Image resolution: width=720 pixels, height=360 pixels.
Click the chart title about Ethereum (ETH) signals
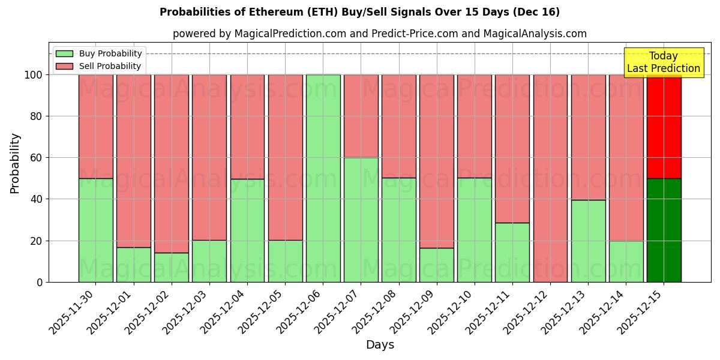point(359,12)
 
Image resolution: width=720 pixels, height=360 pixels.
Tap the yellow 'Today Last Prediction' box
point(663,62)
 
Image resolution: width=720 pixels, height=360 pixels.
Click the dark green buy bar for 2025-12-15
point(664,230)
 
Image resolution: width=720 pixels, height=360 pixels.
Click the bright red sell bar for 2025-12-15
point(664,126)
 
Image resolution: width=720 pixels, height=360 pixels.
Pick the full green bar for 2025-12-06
point(323,178)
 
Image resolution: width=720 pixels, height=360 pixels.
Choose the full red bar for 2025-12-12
point(550,178)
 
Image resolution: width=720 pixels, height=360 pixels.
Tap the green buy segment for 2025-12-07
point(361,220)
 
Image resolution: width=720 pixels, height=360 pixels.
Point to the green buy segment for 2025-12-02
point(172,267)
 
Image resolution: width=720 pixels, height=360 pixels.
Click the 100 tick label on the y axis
point(34,75)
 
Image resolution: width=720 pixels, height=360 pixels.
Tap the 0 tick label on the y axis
point(40,282)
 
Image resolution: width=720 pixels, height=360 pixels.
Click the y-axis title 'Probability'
point(15,163)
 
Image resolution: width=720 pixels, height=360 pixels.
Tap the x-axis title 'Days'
point(380,345)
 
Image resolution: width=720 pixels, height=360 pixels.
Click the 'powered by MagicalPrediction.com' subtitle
point(379,34)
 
